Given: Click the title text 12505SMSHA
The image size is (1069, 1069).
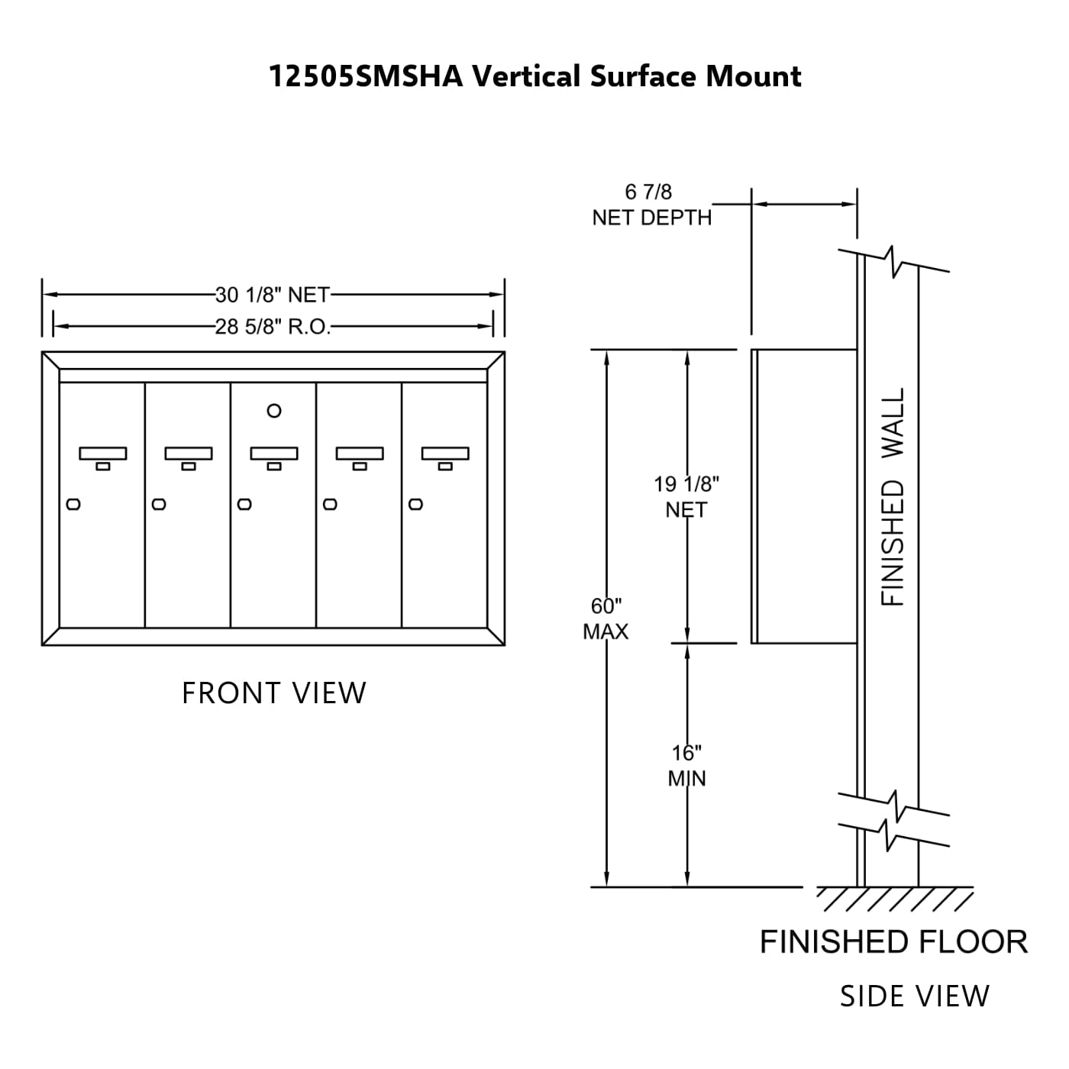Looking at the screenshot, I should point(366,77).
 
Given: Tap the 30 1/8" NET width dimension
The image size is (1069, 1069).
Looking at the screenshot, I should point(273,295).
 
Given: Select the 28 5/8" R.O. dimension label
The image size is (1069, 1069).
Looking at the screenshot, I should point(273,327).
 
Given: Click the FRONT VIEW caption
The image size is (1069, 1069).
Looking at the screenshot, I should point(274,693).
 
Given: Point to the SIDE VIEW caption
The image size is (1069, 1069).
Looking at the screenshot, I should point(914,996).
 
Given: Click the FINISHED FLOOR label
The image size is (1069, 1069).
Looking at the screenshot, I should point(893,942).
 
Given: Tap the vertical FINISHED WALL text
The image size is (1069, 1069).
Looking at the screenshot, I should point(893,496).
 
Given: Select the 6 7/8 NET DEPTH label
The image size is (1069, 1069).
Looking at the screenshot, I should point(651,205).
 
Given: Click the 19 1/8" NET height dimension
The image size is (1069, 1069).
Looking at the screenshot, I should point(686,496).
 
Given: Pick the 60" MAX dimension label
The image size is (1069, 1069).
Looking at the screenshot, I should point(606,618).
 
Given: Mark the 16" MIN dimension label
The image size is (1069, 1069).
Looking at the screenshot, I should point(686,766).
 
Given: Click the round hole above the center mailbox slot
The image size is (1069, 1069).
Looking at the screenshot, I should point(274,411).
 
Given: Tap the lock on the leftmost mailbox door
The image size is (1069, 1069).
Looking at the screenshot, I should point(73,504).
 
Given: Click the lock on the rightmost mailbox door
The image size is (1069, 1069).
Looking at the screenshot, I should point(415,504).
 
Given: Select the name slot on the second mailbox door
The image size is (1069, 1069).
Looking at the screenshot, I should point(189,454).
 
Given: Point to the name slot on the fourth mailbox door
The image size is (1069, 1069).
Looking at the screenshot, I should point(360,454).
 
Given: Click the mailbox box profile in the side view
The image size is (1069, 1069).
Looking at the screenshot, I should point(803,496).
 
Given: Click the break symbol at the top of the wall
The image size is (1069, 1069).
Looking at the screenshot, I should point(893,261).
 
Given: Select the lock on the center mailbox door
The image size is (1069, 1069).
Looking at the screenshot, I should point(244,504).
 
